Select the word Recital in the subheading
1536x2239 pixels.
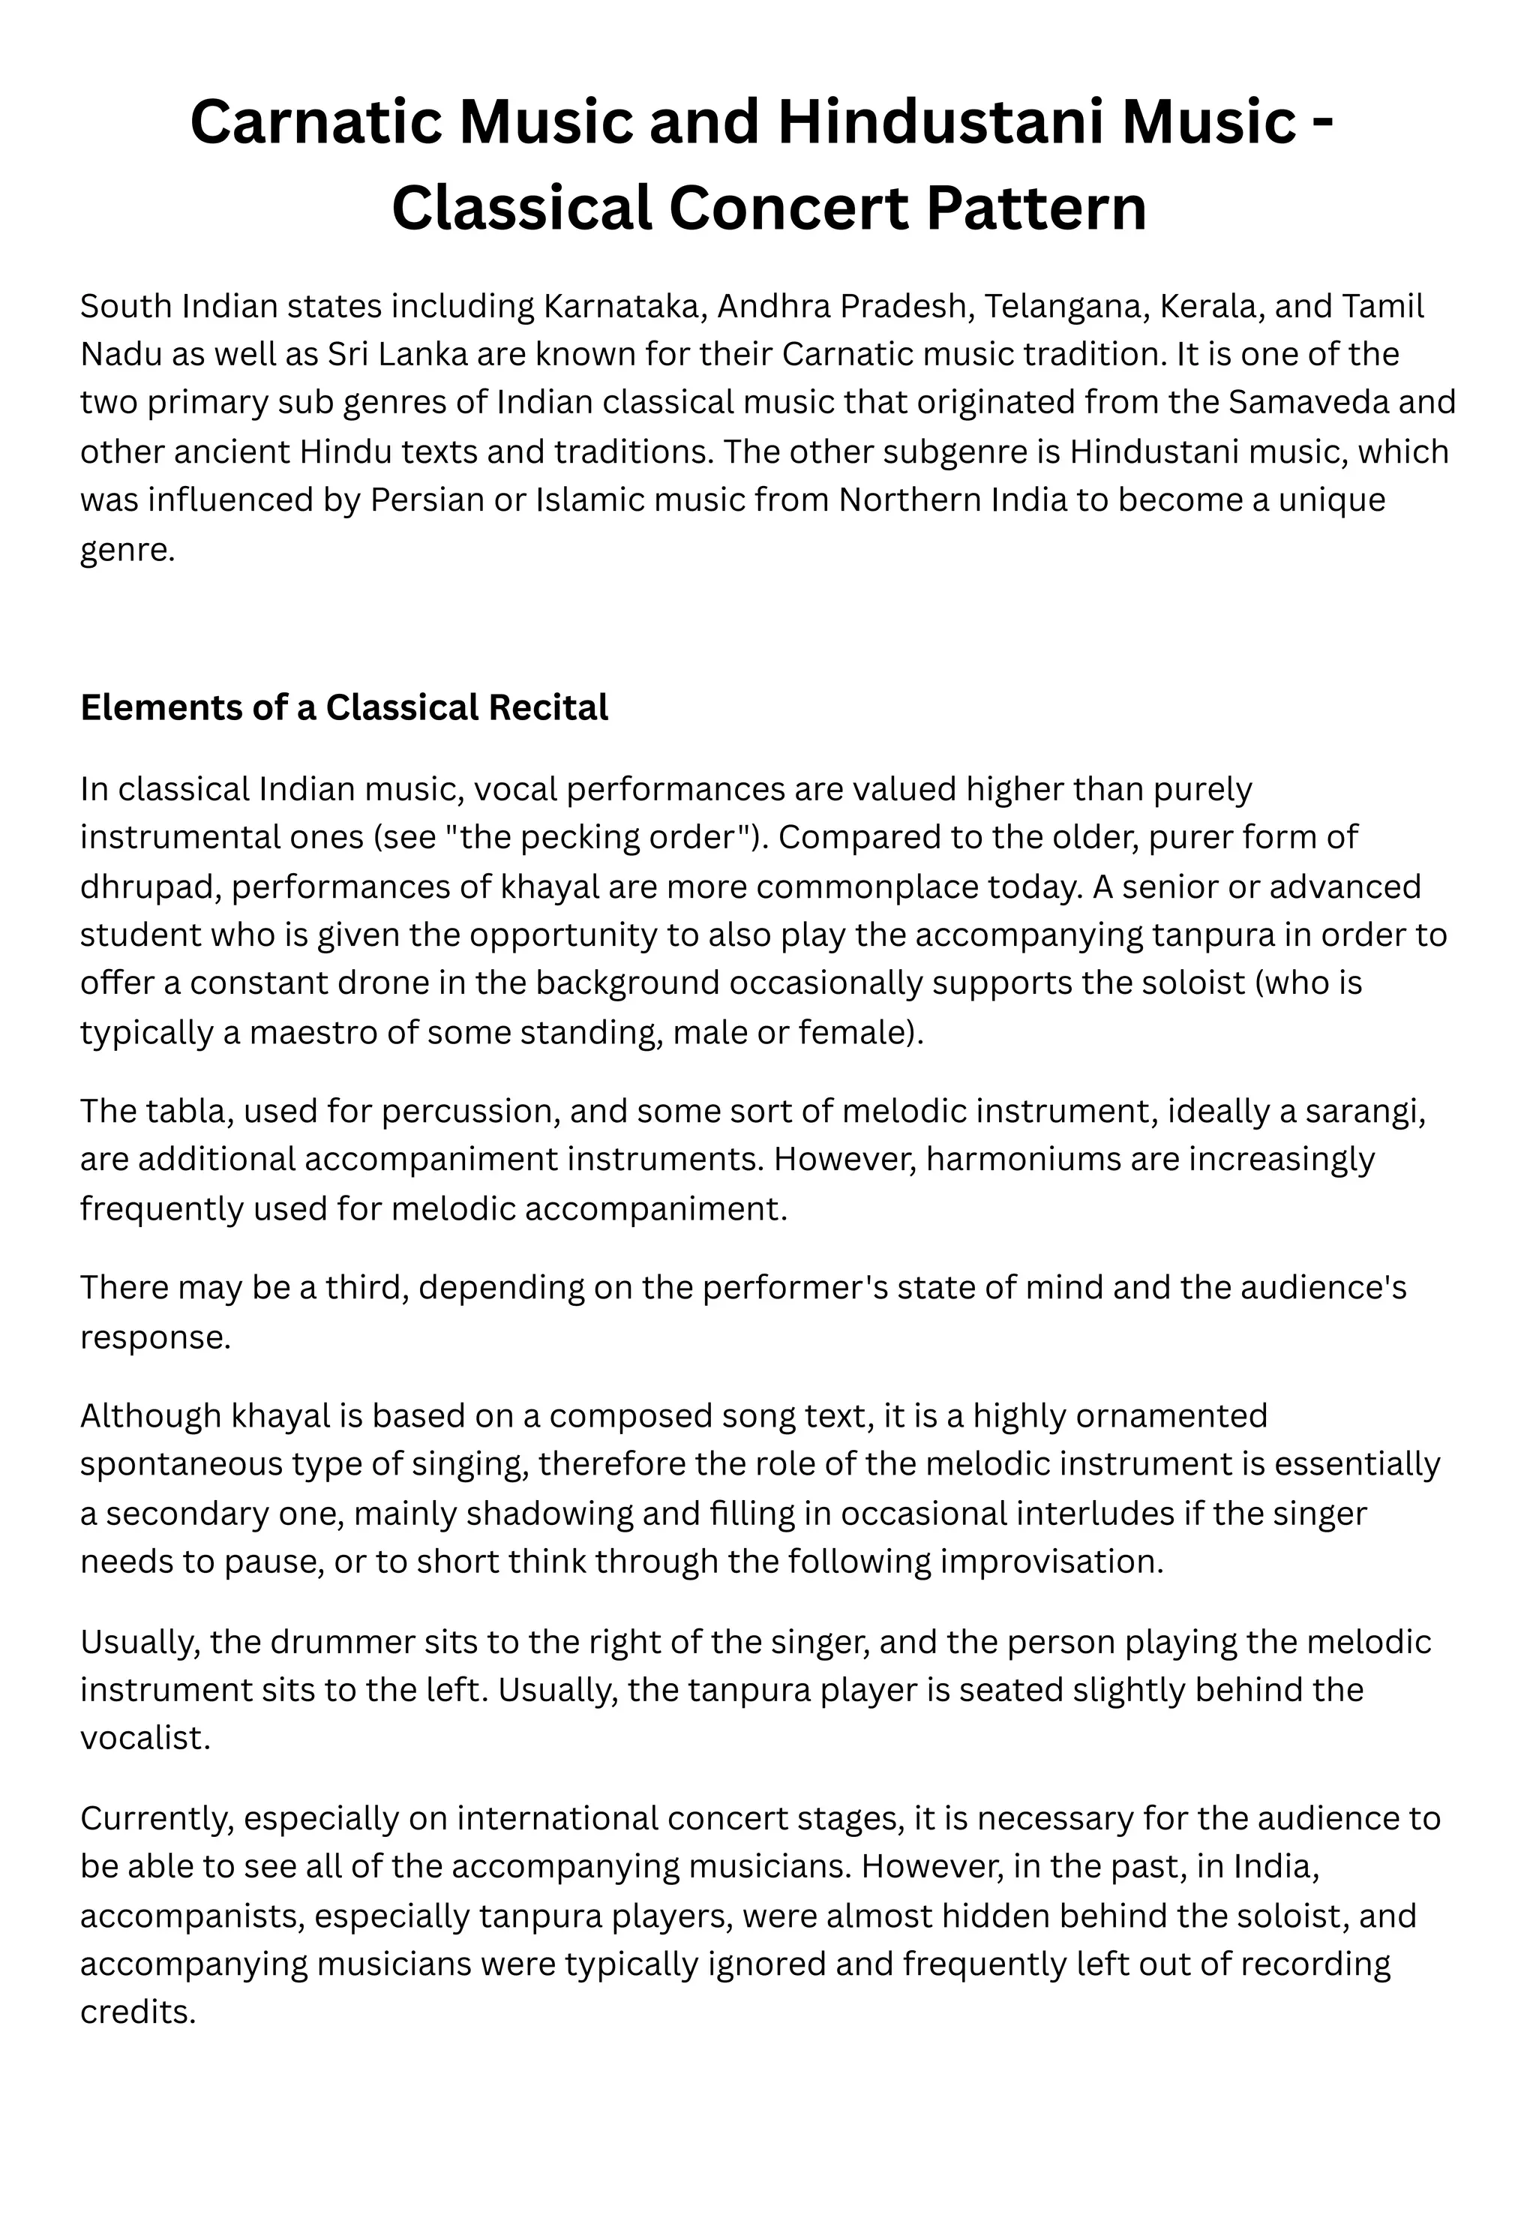coord(548,708)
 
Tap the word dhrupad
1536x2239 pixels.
coord(150,887)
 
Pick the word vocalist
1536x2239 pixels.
coord(145,1738)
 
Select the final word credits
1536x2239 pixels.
coord(138,2012)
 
